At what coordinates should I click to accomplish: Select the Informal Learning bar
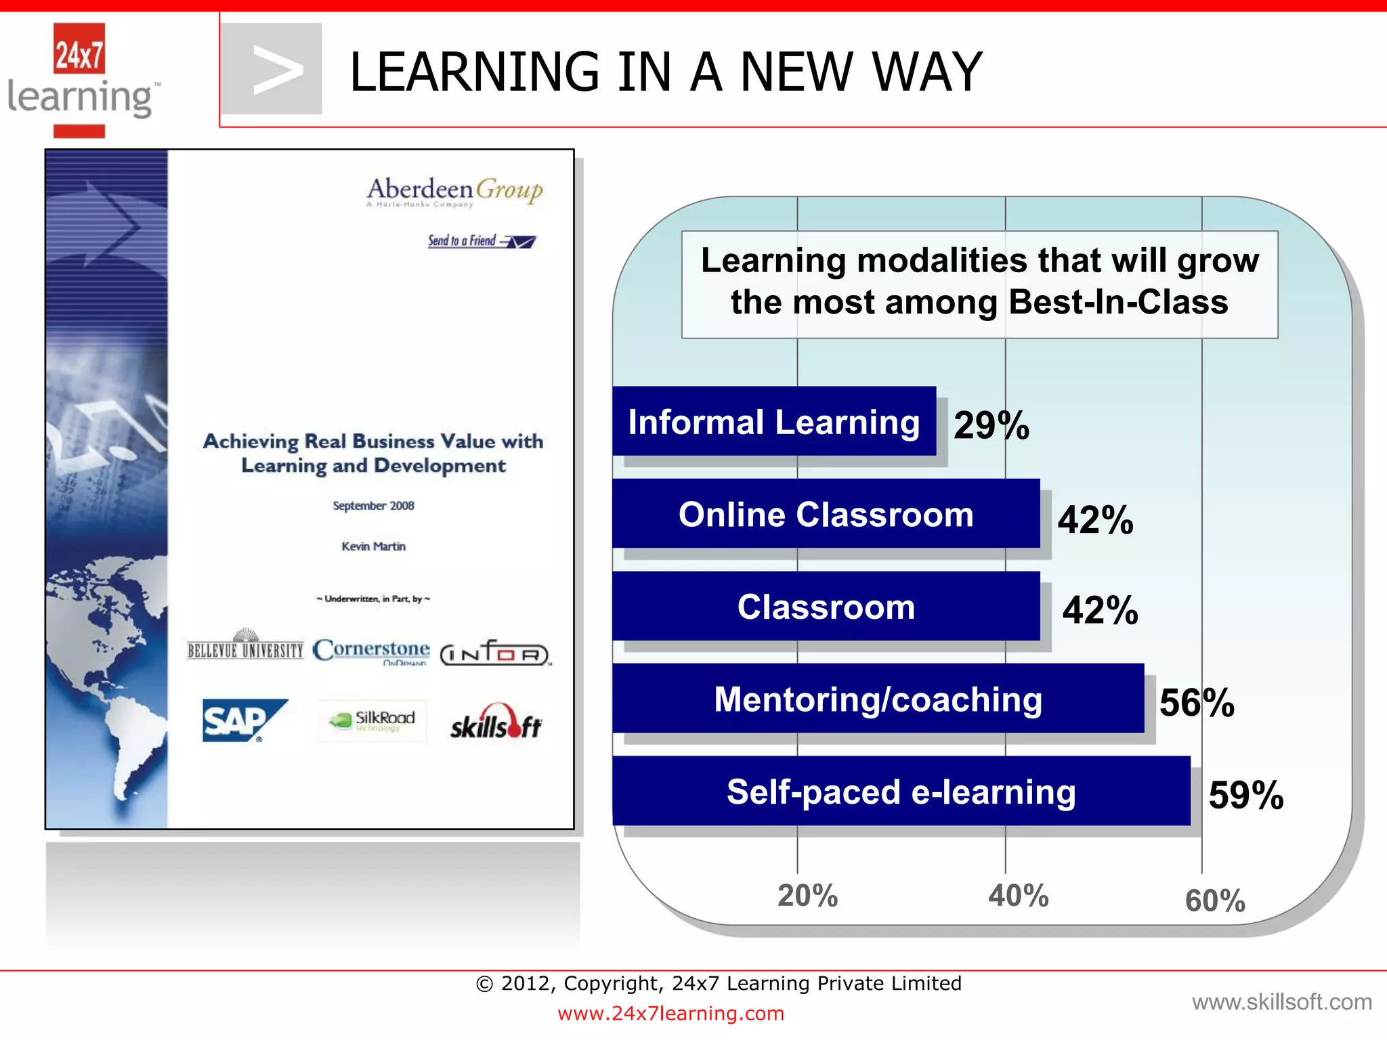tap(773, 421)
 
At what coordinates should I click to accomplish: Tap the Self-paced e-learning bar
tap(901, 791)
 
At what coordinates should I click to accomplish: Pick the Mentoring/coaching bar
tap(878, 698)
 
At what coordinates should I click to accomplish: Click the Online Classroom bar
tap(826, 513)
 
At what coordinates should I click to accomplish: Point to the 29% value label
tap(991, 425)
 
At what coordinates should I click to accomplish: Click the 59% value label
tap(1245, 795)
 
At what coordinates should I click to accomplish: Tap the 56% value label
tap(1197, 702)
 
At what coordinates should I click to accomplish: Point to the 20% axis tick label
tap(807, 895)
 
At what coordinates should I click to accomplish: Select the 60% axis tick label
tap(1215, 901)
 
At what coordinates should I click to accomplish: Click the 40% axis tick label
tap(1018, 895)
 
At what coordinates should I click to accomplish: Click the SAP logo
tap(244, 720)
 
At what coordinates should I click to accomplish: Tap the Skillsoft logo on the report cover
tap(496, 723)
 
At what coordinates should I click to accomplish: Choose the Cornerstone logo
tap(371, 651)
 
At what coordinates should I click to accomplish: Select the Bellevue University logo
tap(245, 646)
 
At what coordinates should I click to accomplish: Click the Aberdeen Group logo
tap(454, 191)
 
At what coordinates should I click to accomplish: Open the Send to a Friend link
tap(481, 241)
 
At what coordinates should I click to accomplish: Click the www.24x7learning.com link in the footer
tap(670, 1014)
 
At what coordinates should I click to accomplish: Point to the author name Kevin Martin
tap(373, 546)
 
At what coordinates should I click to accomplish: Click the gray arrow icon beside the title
tap(272, 69)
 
